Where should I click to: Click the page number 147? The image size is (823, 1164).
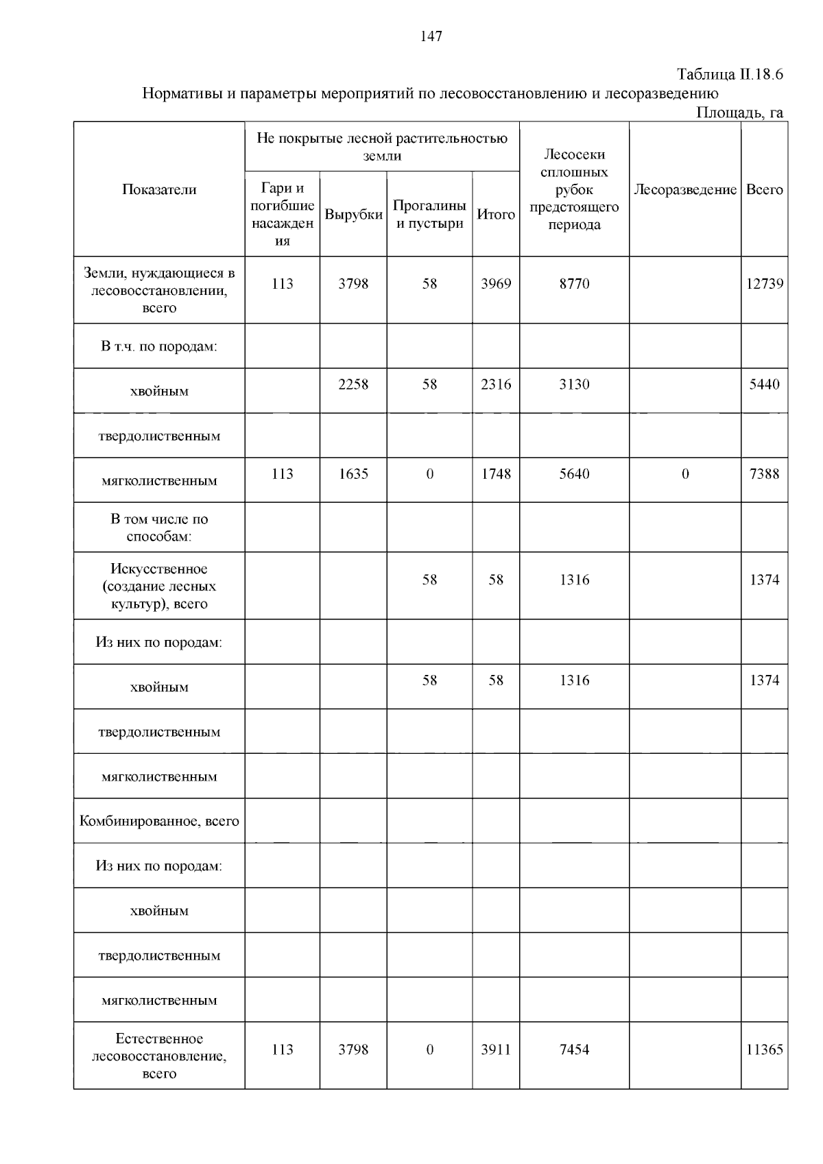click(431, 37)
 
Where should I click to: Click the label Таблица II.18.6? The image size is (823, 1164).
click(730, 74)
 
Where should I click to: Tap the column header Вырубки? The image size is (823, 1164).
click(353, 215)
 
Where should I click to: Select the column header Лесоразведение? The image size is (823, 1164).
click(684, 190)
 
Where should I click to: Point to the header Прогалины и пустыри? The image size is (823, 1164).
click(429, 215)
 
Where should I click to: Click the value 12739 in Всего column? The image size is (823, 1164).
click(764, 284)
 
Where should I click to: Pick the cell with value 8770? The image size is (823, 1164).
click(574, 284)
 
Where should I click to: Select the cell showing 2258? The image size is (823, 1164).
click(353, 384)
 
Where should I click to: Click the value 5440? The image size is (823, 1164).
click(764, 384)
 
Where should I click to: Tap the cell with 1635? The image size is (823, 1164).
click(353, 474)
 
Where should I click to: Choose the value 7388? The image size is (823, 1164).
click(764, 474)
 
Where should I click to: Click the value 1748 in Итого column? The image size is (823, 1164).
click(496, 474)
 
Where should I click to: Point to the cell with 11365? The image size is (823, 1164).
click(764, 1049)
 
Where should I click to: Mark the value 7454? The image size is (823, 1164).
click(574, 1049)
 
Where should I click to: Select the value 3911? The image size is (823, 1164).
click(496, 1049)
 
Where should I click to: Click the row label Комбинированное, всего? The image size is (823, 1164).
click(159, 821)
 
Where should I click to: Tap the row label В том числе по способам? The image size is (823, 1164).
click(159, 527)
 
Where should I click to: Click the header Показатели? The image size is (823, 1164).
click(159, 190)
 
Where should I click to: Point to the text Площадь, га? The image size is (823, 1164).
click(739, 112)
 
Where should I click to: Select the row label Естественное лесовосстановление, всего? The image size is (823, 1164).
click(159, 1056)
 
